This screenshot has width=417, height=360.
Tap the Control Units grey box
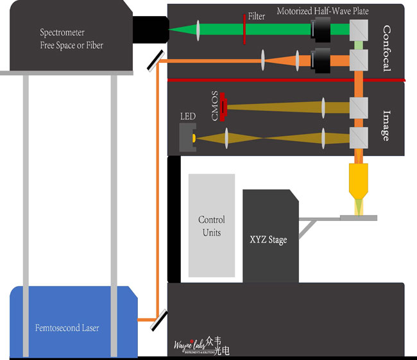coord(211,225)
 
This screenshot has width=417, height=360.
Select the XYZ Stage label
coord(268,240)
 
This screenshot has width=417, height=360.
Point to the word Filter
coord(256,16)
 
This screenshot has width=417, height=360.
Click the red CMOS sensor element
coord(223,105)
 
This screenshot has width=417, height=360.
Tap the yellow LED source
coord(192,138)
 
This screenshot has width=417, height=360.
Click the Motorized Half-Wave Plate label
coord(323,11)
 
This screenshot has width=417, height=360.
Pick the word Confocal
coord(386,48)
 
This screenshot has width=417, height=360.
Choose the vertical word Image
coord(386,126)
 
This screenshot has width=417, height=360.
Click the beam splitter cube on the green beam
coord(358,28)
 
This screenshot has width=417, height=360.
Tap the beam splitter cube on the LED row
coord(358,137)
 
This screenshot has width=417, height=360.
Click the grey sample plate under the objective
coord(359,218)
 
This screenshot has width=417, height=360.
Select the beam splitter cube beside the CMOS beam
coord(358,105)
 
